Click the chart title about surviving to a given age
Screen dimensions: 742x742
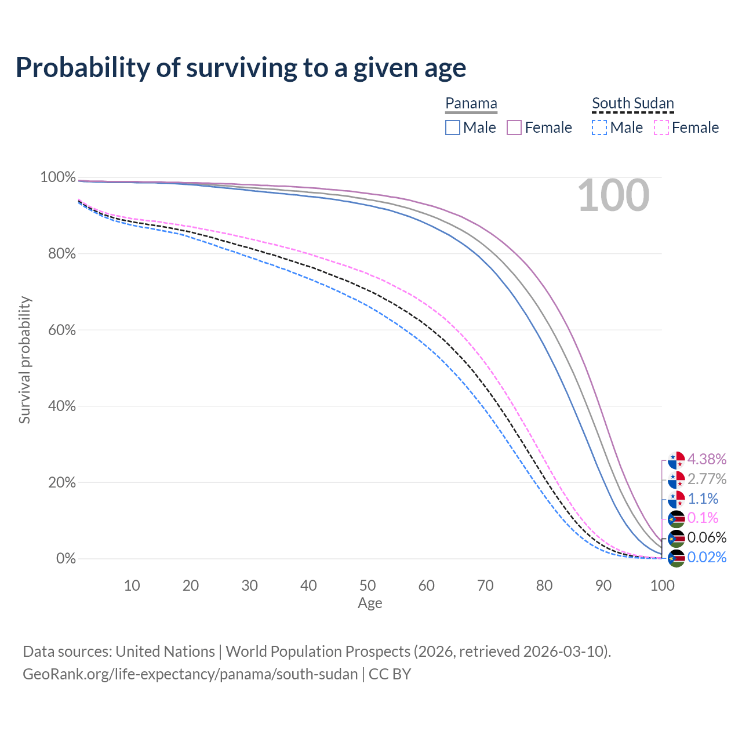pos(241,68)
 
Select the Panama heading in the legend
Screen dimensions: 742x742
pos(471,103)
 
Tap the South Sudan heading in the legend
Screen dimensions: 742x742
pos(632,103)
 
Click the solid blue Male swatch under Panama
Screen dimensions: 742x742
pos(453,128)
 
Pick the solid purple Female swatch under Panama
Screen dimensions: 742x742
pos(514,128)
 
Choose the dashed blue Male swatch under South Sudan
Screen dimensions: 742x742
pos(599,128)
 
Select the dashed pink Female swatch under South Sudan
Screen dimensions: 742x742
pos(661,128)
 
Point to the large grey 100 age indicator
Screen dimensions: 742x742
pos(613,195)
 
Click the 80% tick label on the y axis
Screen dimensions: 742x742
pos(58,253)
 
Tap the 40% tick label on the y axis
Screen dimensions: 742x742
pos(58,406)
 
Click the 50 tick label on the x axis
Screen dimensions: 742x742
pos(368,585)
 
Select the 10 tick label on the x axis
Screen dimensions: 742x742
pos(132,585)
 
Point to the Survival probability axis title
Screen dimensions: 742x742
pos(24,360)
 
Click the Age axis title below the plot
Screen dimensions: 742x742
pos(370,603)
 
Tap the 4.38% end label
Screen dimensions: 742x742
pos(707,459)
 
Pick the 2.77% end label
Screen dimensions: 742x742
pos(707,479)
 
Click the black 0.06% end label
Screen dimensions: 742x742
pos(707,537)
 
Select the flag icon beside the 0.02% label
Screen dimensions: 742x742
pos(676,558)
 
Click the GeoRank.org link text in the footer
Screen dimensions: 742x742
pos(190,674)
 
